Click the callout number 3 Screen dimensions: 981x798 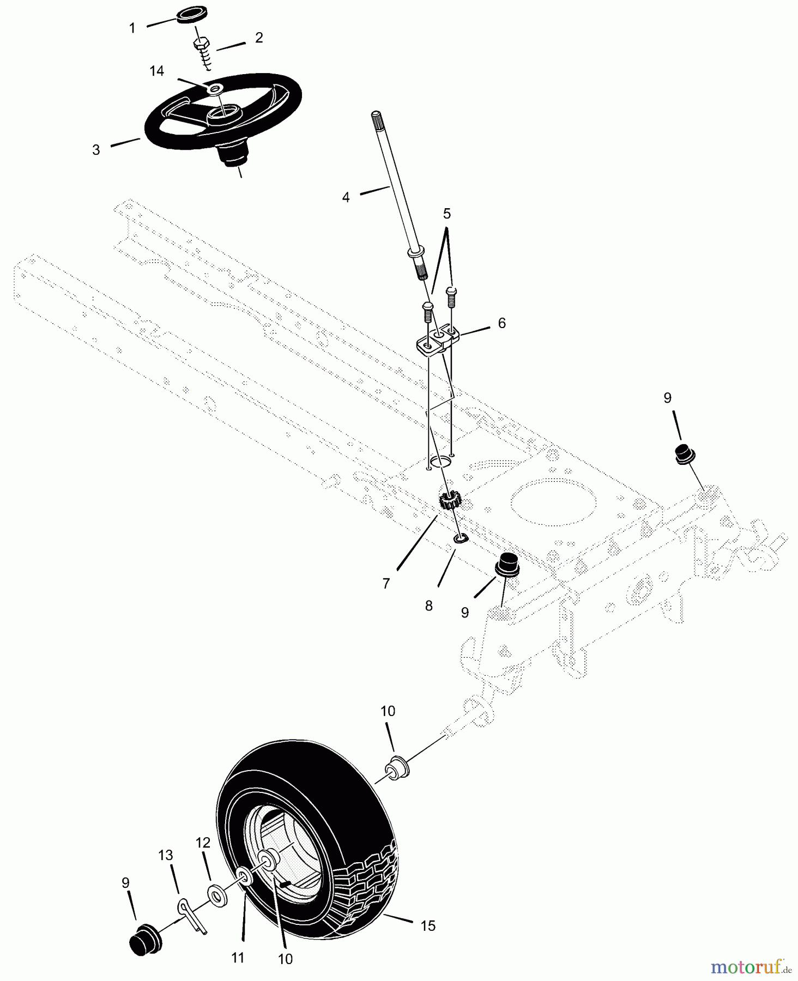pyautogui.click(x=96, y=150)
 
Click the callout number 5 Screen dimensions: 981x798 pyautogui.click(x=446, y=213)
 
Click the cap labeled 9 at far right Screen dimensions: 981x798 pyautogui.click(x=686, y=453)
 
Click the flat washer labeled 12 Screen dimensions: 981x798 pyautogui.click(x=218, y=897)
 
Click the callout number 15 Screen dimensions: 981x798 pyautogui.click(x=428, y=925)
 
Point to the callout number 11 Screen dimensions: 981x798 pyautogui.click(x=238, y=957)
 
